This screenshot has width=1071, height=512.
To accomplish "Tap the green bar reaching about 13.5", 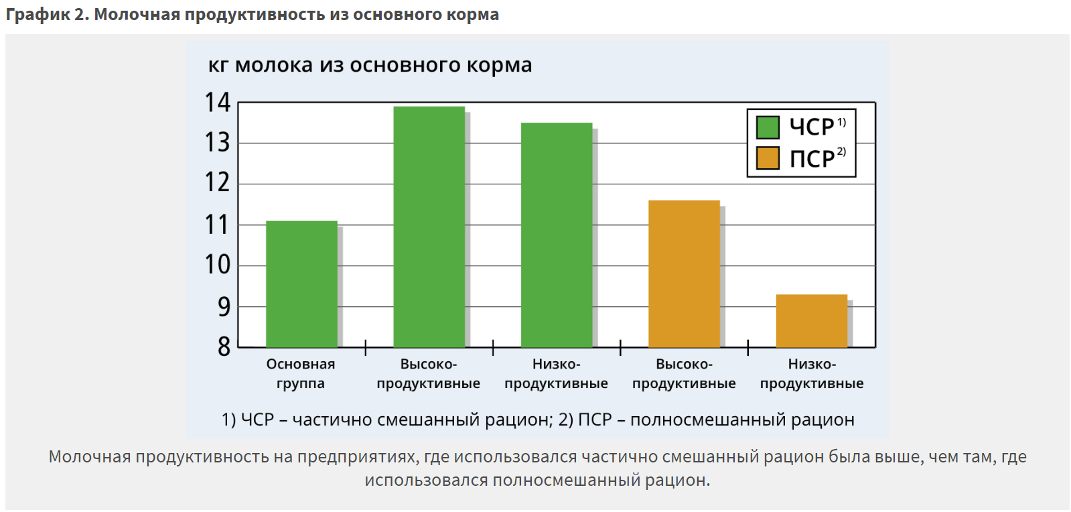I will tap(556, 235).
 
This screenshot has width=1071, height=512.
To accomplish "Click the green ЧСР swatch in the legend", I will tap(768, 127).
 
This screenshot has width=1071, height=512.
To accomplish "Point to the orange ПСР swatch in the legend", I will tap(768, 158).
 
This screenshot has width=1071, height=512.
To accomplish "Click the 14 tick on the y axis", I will tap(218, 103).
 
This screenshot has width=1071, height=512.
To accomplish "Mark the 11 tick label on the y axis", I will tap(218, 225).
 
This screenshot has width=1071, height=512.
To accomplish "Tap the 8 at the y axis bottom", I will tap(224, 347).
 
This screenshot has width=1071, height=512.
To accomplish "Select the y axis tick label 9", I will tap(224, 307).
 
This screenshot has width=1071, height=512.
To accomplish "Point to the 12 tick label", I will tap(218, 183).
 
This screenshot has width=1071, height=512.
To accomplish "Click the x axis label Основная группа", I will tap(301, 373).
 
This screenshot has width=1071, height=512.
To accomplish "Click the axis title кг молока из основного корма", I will tap(370, 65).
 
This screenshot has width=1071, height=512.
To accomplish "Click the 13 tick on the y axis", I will tap(218, 143).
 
